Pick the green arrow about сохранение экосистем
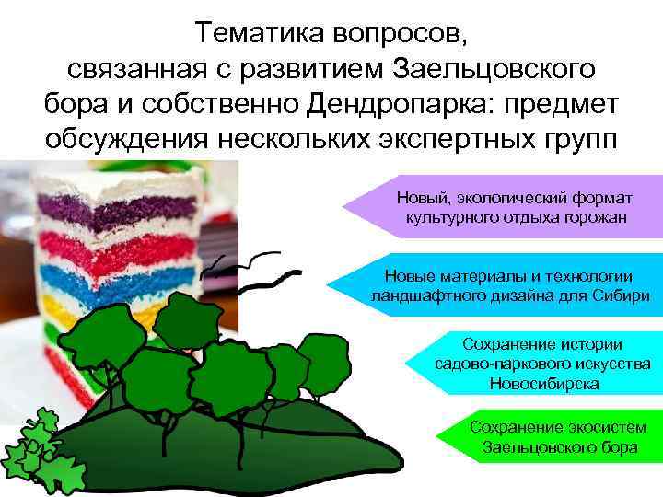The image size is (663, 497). pyautogui.click(x=552, y=438)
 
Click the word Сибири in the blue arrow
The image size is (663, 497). pyautogui.click(x=622, y=296)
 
